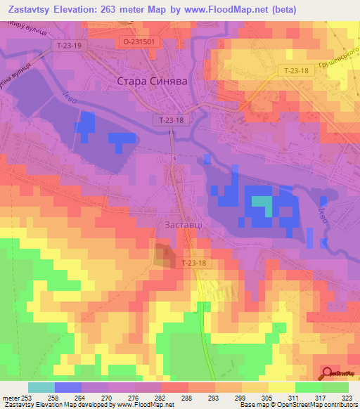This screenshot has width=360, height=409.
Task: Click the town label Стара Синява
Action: pyautogui.click(x=150, y=82)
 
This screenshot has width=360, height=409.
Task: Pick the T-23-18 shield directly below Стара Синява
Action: pyautogui.click(x=171, y=121)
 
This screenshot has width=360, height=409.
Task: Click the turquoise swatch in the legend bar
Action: pyautogui.click(x=41, y=387)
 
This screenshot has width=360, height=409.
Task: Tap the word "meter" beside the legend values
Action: pyautogui.click(x=10, y=397)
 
